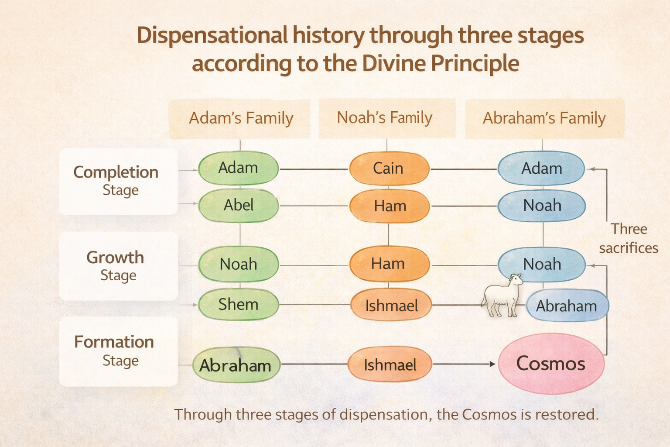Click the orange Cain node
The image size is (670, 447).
pyautogui.click(x=389, y=168)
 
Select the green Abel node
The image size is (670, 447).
pyautogui.click(x=239, y=205)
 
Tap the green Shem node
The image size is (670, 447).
pyautogui.click(x=239, y=304)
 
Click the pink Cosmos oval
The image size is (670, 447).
pyautogui.click(x=551, y=364)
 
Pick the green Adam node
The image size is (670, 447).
pyautogui.click(x=239, y=168)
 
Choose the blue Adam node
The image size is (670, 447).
pyautogui.click(x=541, y=168)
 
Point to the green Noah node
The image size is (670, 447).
pyautogui.click(x=239, y=264)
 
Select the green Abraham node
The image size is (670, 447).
pyautogui.click(x=236, y=365)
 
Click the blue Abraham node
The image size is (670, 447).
pyautogui.click(x=567, y=306)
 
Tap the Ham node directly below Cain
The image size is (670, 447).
pyautogui.click(x=390, y=206)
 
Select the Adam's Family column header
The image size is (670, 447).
pyautogui.click(x=240, y=118)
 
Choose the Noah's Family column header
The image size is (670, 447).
pyautogui.click(x=385, y=118)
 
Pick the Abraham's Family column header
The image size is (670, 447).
pyautogui.click(x=544, y=118)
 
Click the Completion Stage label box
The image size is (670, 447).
pyautogui.click(x=118, y=181)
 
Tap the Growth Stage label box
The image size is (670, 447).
pyautogui.click(x=118, y=266)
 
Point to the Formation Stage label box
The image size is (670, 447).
pyautogui.click(x=118, y=351)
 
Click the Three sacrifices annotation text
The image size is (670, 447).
pyautogui.click(x=629, y=238)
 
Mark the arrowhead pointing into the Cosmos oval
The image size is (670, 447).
pyautogui.click(x=492, y=364)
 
